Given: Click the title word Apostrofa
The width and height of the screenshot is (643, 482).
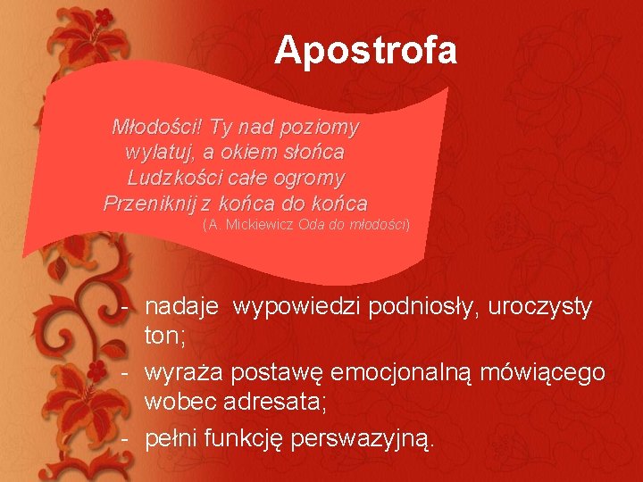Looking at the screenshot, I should [365, 50].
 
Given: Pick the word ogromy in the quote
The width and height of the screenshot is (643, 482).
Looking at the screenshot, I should [310, 177].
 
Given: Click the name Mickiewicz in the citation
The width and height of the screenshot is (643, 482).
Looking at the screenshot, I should [262, 223].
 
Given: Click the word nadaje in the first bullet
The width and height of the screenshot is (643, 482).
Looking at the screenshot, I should [182, 308].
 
